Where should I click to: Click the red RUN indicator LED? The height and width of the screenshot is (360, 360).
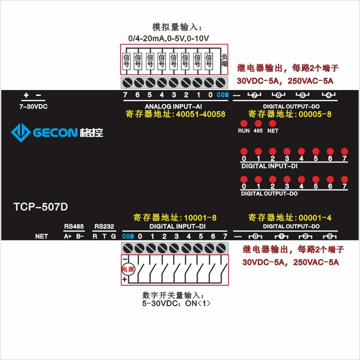243,123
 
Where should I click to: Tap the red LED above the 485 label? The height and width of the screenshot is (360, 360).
258,123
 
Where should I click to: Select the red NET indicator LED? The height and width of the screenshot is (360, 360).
272,123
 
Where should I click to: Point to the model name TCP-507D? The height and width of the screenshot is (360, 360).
41,207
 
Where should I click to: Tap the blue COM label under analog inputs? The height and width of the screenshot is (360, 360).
223,95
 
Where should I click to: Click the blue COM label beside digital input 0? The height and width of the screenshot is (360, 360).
128,236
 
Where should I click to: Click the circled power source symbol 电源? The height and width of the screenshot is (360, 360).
128,270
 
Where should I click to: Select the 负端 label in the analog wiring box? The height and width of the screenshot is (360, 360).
224,60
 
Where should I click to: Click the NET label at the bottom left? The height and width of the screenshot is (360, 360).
41,236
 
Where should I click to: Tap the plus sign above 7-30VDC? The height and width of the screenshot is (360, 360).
26,95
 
